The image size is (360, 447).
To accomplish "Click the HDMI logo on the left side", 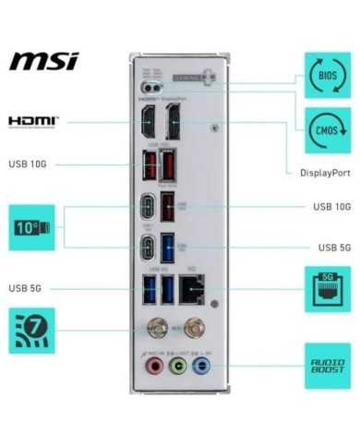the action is click(x=33, y=121).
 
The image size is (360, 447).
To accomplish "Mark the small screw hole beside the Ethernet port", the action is click(x=214, y=303).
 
